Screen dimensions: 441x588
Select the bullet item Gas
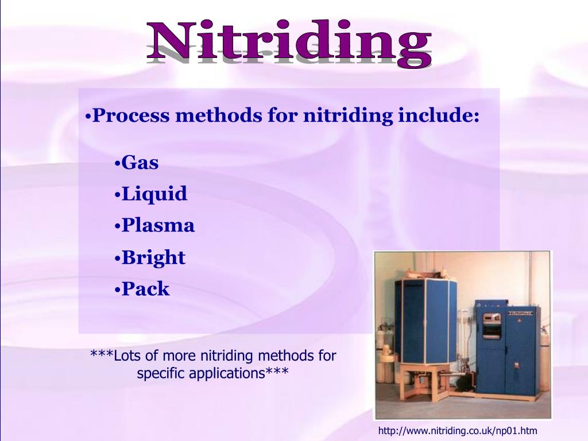point(140,163)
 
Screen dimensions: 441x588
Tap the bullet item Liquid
point(154,194)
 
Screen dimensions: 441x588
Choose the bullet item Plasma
point(158,226)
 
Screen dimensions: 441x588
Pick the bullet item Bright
point(153,257)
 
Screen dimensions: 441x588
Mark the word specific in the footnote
point(158,373)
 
